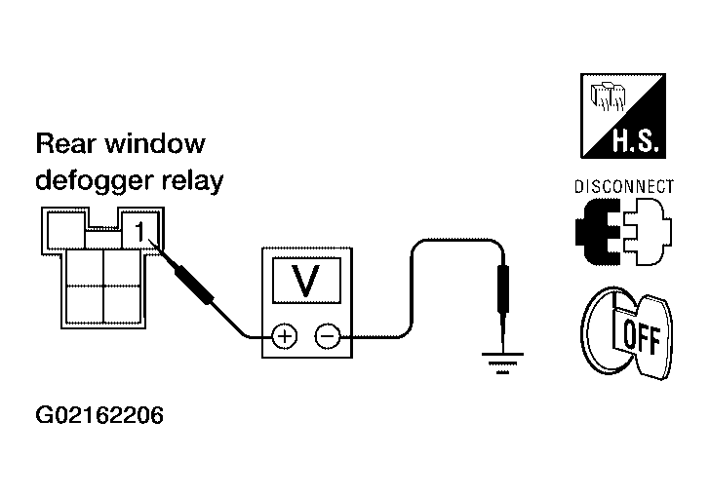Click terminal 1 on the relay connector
[x=140, y=231]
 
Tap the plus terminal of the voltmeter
[x=285, y=336]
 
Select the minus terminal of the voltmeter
[x=328, y=336]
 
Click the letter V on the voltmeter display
[x=306, y=281]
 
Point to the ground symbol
[x=502, y=363]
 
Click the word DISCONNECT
[x=624, y=186]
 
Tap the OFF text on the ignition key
[x=642, y=337]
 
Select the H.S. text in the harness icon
[x=635, y=140]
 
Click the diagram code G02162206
[x=99, y=415]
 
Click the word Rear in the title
[x=66, y=144]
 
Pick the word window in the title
[x=155, y=144]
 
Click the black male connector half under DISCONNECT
[x=597, y=231]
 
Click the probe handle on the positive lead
[x=193, y=285]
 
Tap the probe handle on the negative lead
[x=503, y=289]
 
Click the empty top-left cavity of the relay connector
[x=66, y=229]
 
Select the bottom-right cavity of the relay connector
[x=122, y=305]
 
